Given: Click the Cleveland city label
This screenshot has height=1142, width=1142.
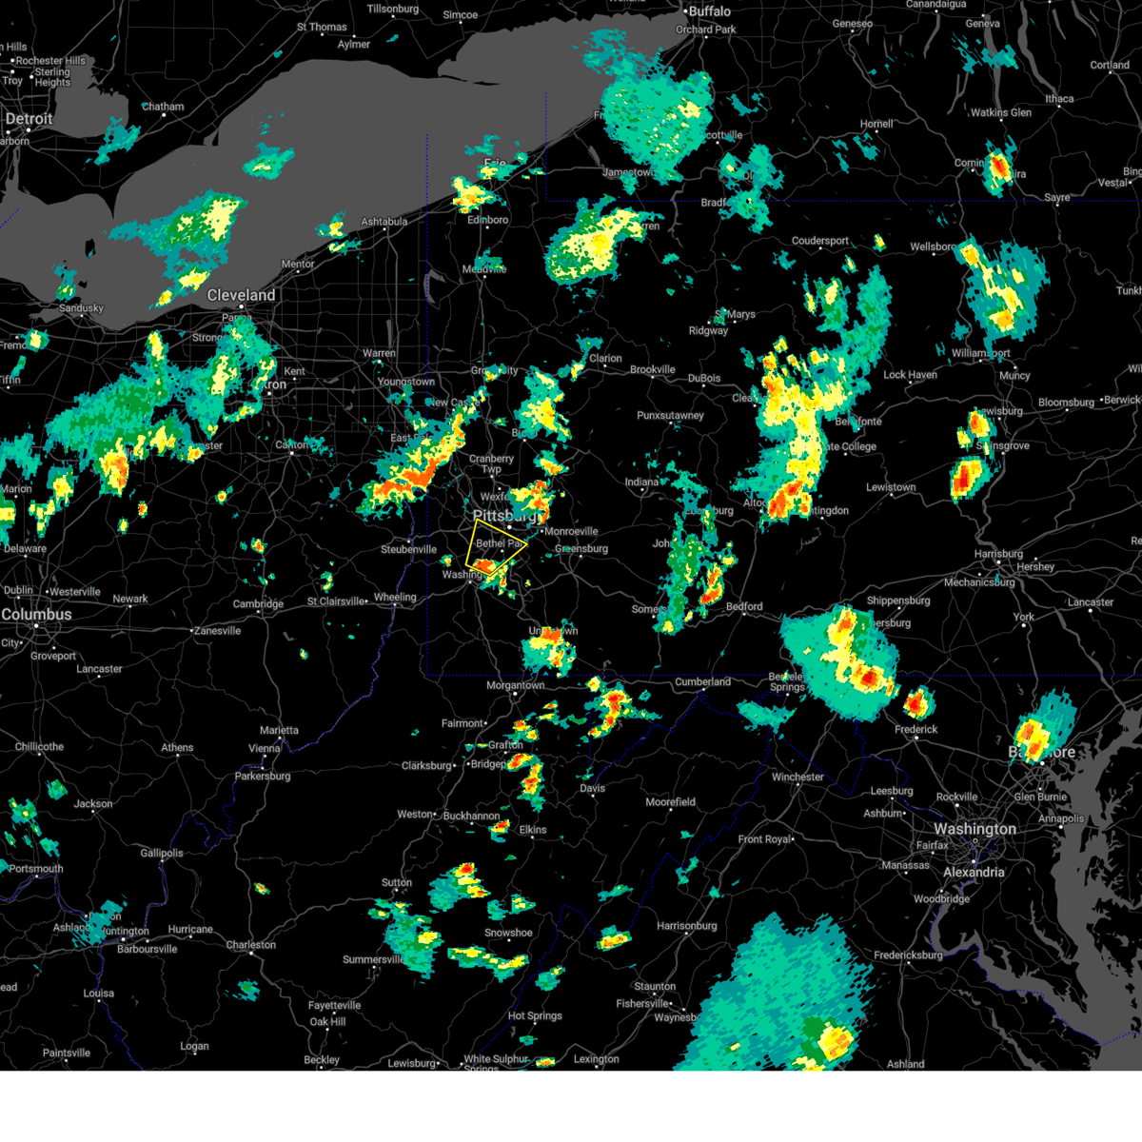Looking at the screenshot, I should tap(242, 295).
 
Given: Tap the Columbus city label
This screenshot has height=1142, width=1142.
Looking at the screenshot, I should tap(36, 615).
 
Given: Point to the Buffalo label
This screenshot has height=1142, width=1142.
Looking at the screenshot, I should tap(710, 11).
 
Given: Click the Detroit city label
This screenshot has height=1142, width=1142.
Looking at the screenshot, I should tap(30, 119).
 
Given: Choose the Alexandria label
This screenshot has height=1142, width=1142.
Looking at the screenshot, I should tap(974, 872).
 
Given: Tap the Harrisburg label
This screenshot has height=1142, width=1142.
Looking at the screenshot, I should tap(998, 554).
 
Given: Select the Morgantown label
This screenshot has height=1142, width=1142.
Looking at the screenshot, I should tap(516, 685).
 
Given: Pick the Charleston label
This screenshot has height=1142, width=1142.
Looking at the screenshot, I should tap(251, 945).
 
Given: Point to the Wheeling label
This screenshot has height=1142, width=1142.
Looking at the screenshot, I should tap(395, 598).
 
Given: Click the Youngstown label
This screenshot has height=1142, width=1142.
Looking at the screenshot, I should tap(406, 382).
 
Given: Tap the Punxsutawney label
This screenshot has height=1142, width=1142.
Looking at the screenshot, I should tap(670, 416).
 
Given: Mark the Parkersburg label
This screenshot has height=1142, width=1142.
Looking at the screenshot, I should tap(263, 777).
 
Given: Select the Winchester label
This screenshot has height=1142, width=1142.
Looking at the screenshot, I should tap(797, 777).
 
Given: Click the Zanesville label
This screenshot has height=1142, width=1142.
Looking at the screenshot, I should tap(218, 630).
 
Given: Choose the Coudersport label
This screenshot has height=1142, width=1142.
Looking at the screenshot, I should tap(819, 241).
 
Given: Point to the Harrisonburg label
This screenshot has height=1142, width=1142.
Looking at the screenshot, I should tap(686, 925).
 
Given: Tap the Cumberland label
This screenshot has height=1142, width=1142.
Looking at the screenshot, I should tap(703, 681).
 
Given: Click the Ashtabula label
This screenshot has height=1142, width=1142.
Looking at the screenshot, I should tap(384, 222).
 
